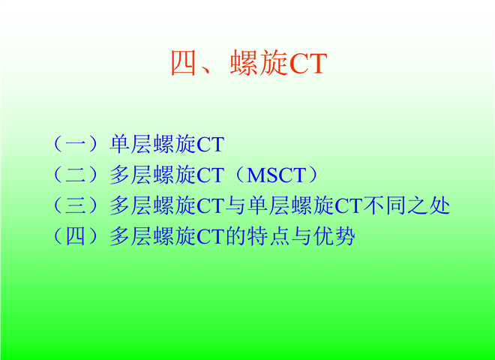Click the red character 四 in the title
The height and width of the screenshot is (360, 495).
(x=184, y=63)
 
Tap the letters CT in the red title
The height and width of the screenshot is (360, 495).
(x=307, y=64)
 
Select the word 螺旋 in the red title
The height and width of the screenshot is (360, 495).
(x=259, y=63)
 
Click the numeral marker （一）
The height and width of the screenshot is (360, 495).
(x=76, y=144)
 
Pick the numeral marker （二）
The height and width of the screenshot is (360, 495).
(x=76, y=175)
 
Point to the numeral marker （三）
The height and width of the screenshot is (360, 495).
(x=76, y=205)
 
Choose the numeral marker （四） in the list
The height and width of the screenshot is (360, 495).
(x=76, y=236)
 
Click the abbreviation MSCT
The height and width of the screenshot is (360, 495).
(x=277, y=175)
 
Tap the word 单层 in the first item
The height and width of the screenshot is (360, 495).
(x=130, y=144)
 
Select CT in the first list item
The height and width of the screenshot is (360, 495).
(x=210, y=145)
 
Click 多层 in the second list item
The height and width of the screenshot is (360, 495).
(x=130, y=175)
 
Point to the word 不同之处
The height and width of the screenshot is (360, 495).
(x=406, y=205)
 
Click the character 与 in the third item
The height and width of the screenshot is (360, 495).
(x=235, y=205)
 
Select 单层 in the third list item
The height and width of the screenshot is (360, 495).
(x=268, y=205)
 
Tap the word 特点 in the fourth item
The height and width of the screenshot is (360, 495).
(x=268, y=236)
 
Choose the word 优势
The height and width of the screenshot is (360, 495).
(x=334, y=236)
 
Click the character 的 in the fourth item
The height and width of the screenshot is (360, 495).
(x=235, y=236)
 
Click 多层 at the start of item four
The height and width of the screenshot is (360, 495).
(x=130, y=236)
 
